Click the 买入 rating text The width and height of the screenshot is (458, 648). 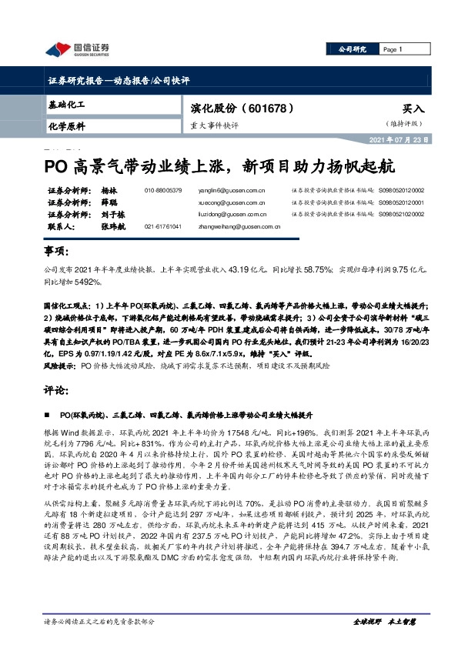pos(413,110)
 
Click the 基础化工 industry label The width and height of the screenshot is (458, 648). pos(65,103)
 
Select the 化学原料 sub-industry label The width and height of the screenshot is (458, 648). pos(65,125)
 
